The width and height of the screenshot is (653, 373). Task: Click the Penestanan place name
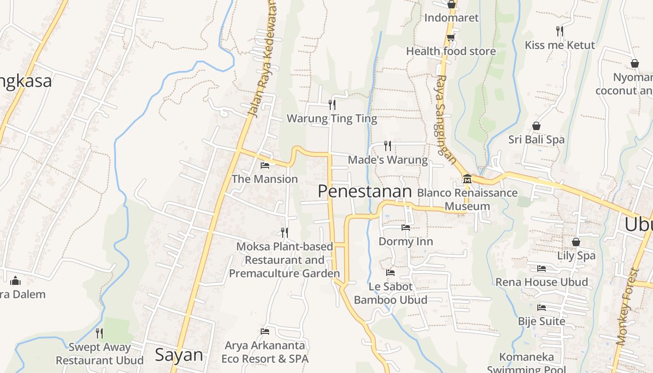(365, 191)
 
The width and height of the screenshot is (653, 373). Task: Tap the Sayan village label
(179, 355)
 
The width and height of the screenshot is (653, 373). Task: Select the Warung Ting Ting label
(332, 118)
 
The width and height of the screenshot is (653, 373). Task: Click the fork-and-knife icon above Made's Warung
(388, 146)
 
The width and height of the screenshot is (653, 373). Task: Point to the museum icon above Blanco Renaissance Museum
(467, 179)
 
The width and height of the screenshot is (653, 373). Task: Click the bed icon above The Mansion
(265, 165)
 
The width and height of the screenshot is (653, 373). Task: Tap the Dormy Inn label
(405, 242)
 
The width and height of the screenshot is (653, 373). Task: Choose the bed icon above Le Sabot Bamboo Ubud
(390, 272)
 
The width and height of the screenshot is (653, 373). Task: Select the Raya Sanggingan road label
(445, 119)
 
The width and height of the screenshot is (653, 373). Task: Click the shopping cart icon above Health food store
(451, 37)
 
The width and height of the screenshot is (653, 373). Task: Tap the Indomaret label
(451, 18)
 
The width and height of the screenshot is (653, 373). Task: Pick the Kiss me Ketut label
(560, 45)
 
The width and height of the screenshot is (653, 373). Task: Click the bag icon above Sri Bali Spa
(536, 126)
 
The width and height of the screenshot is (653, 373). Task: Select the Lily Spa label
(576, 256)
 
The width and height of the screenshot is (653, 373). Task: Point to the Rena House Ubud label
(541, 282)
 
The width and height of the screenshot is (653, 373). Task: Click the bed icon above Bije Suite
(542, 308)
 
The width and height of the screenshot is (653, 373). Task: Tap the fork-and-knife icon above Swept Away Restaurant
(99, 333)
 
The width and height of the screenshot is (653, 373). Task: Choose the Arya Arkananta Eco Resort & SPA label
(265, 352)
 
